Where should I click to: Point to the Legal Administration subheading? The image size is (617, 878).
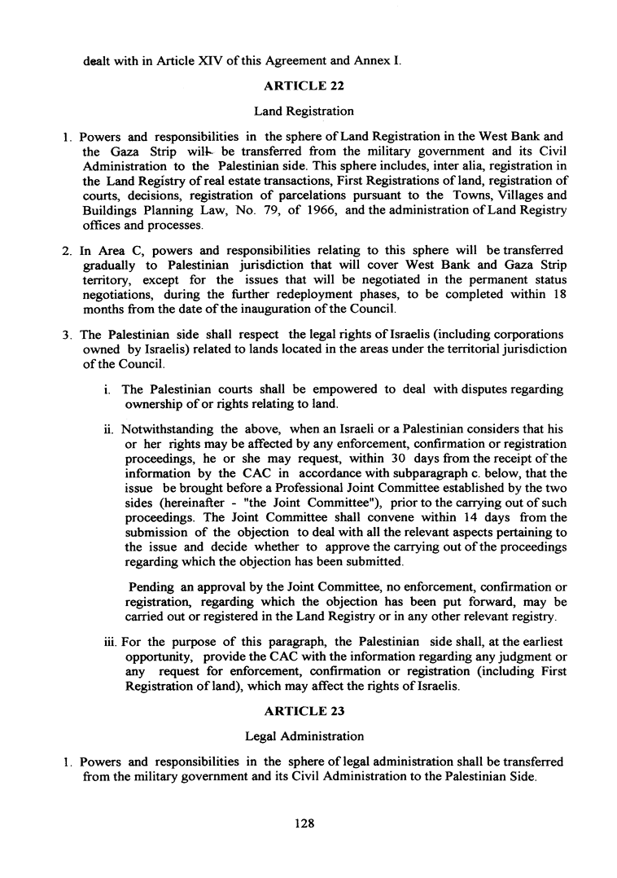coord(304,736)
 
